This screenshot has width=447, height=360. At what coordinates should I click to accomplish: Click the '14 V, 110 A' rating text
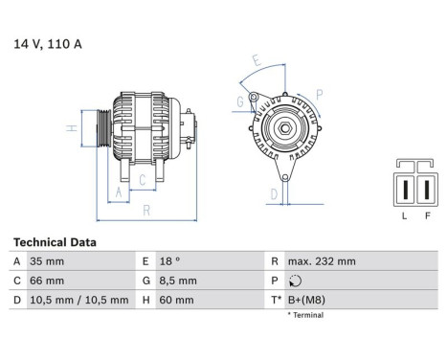coord(48,43)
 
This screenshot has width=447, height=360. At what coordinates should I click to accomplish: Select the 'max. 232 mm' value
coord(324,261)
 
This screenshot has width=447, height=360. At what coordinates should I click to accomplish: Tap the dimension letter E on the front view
coord(256,59)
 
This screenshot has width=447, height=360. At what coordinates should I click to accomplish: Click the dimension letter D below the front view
coord(273,194)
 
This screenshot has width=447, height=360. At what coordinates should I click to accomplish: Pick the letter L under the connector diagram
coord(405,216)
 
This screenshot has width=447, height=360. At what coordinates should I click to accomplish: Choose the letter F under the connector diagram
coord(427,216)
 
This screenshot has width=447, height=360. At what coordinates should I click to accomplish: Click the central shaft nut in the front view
coord(283,129)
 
